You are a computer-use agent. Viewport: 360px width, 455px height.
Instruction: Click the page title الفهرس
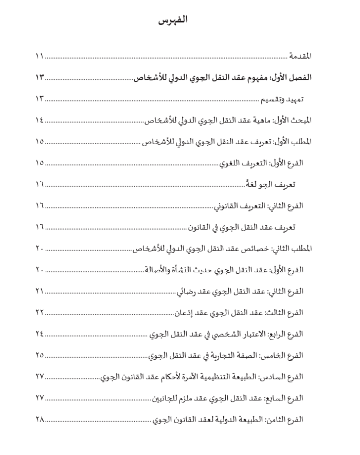tap(172, 21)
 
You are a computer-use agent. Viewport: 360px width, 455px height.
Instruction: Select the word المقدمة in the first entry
tap(300, 56)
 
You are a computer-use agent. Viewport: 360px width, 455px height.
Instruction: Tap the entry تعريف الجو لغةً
tap(272, 184)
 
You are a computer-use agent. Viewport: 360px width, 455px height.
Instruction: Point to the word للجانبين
tap(165, 398)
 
